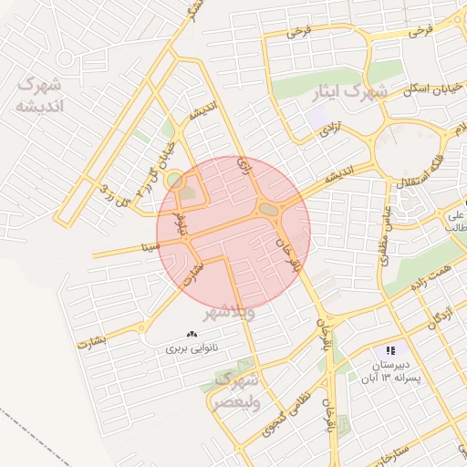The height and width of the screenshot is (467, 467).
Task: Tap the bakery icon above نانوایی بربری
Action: point(192,335)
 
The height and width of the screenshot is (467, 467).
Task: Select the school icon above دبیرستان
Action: point(390,349)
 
